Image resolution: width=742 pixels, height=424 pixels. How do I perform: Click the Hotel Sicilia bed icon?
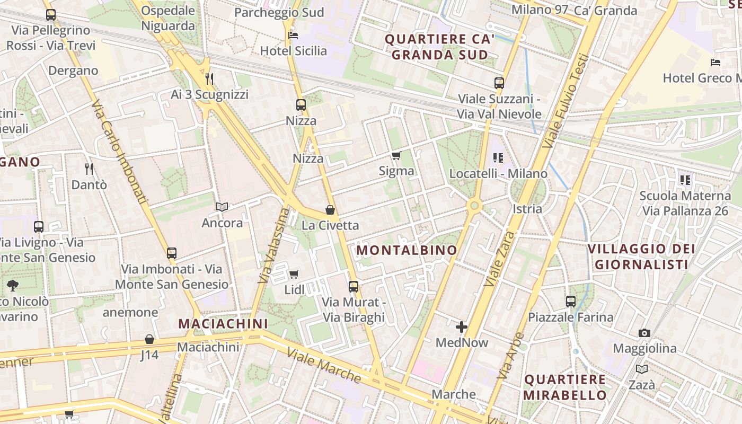[293, 36]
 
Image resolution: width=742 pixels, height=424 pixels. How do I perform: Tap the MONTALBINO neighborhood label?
[407, 250]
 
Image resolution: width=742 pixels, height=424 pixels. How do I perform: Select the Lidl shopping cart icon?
[294, 274]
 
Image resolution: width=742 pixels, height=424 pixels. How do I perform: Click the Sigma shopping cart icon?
[396, 155]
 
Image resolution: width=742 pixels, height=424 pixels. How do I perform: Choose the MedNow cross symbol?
[462, 327]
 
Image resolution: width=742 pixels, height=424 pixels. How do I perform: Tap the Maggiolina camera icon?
[644, 333]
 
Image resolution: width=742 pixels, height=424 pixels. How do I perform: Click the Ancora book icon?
[222, 207]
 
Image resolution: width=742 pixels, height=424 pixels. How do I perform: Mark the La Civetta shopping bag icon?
[330, 210]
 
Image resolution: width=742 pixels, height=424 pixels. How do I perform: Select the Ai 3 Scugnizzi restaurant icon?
[209, 79]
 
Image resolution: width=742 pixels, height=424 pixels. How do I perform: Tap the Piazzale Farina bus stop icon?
[571, 302]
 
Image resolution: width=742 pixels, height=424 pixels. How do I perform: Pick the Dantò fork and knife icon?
[89, 169]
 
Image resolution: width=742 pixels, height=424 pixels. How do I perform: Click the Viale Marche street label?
[324, 365]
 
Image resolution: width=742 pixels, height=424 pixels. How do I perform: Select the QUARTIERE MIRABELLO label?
[565, 387]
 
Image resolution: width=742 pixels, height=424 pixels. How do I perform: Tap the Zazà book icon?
[642, 369]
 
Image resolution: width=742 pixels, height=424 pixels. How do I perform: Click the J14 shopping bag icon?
[149, 339]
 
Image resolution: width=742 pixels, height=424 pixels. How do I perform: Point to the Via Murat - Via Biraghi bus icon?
[354, 287]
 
